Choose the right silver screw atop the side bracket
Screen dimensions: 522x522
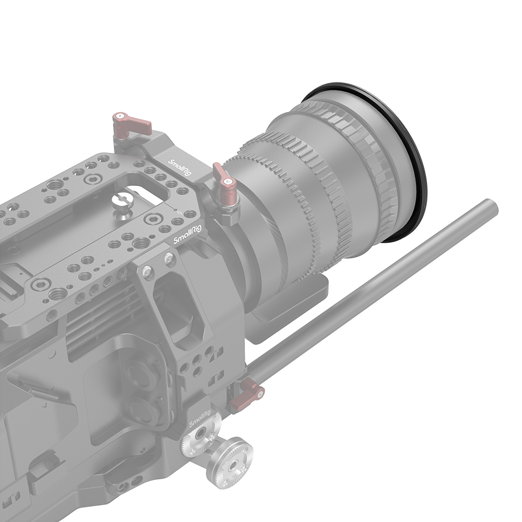[169, 257]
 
